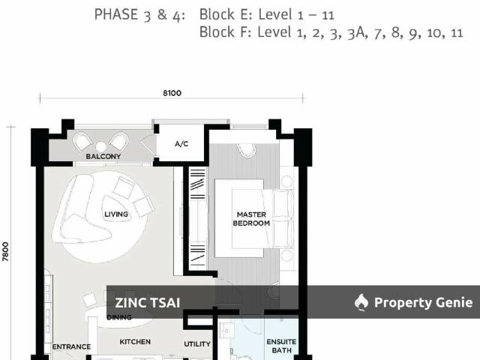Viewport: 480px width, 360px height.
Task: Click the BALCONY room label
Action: point(103,156)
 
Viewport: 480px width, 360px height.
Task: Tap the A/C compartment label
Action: point(181,143)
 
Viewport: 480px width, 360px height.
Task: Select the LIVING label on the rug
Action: point(116,214)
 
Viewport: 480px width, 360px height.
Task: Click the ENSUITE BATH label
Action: point(281,346)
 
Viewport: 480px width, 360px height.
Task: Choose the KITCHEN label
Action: point(135,342)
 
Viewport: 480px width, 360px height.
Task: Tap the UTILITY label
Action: point(197,344)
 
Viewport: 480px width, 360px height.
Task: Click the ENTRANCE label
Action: point(71,346)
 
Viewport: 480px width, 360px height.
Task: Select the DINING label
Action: point(118,317)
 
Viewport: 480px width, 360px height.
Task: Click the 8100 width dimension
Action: point(171,93)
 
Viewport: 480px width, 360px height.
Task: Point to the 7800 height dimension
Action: point(6,250)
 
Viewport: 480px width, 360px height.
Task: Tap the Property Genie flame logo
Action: point(361,302)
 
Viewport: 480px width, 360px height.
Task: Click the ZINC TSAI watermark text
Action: point(147,303)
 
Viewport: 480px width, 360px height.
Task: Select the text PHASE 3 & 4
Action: point(139,14)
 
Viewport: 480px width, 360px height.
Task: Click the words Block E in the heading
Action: point(226,14)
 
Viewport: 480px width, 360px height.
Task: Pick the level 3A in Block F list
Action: point(355,32)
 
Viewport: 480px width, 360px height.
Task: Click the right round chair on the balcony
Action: point(118,140)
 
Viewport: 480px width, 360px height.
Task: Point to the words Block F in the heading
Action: point(225,32)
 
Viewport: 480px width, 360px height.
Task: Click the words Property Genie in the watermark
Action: point(424,303)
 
